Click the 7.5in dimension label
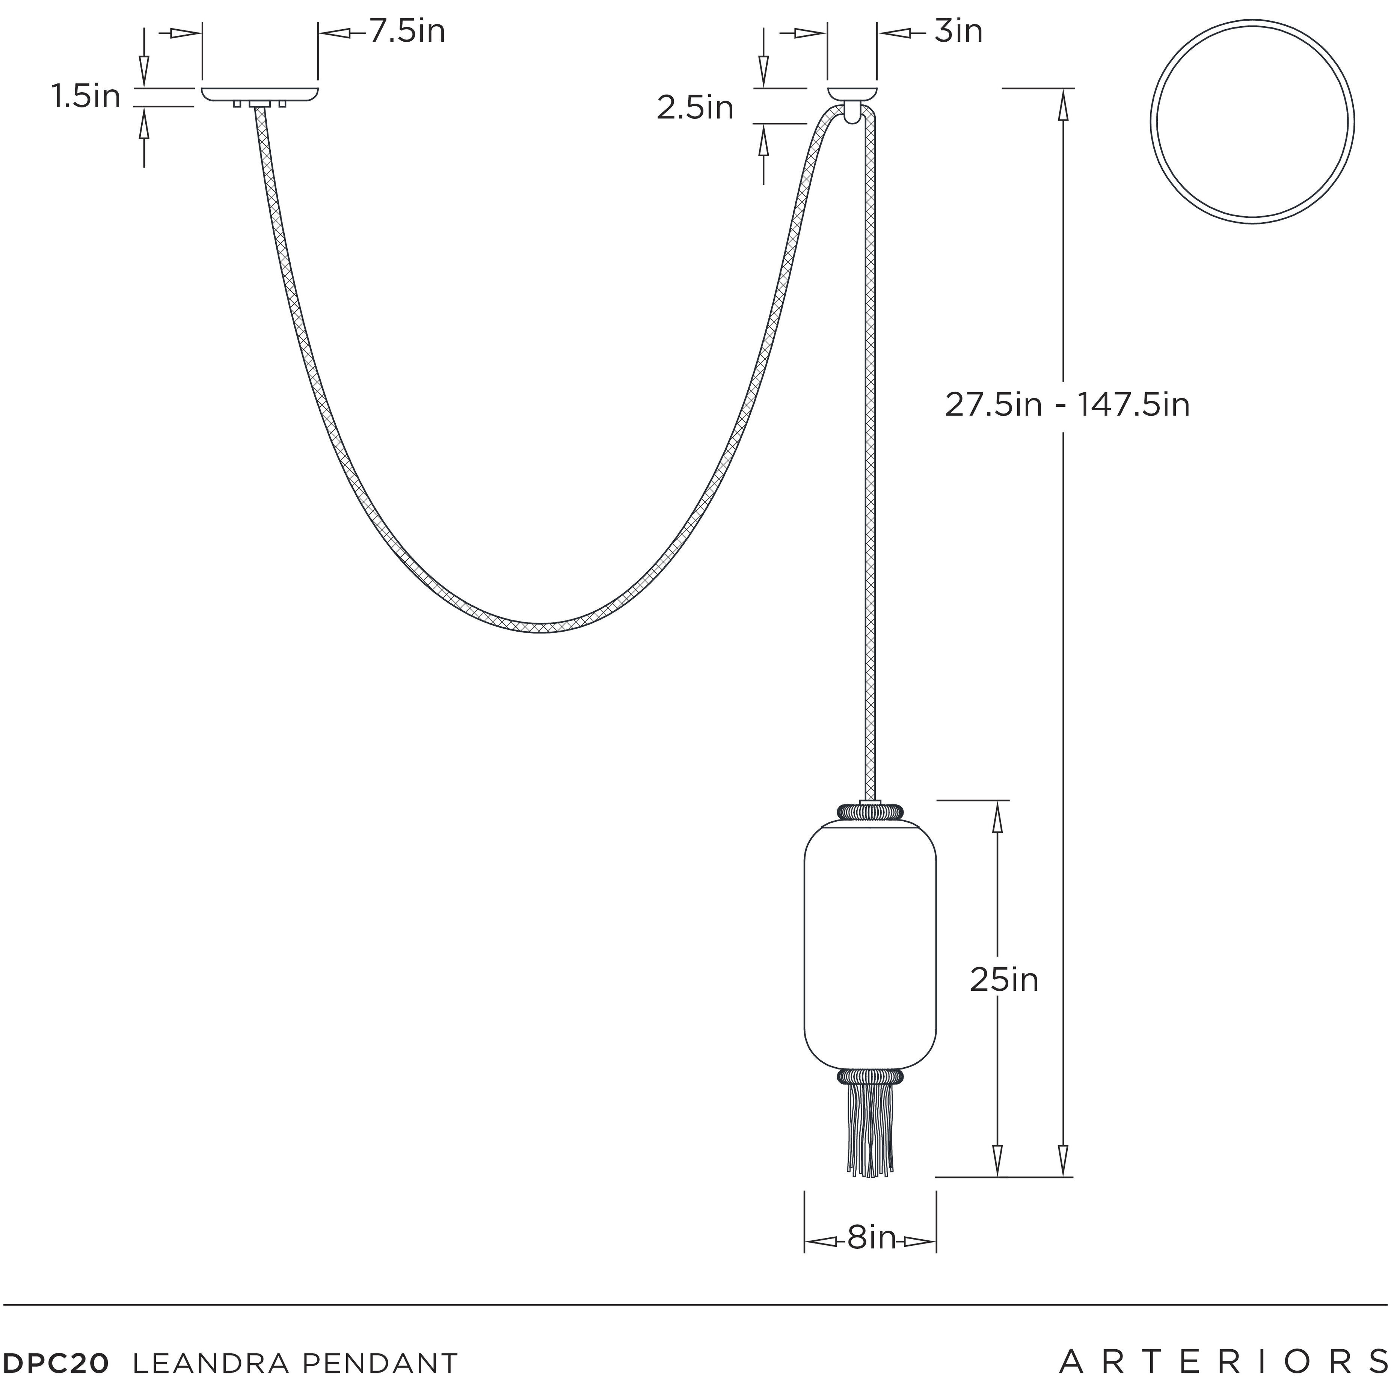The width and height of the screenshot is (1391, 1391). pyautogui.click(x=407, y=32)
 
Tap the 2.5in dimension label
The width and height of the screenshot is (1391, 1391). pyautogui.click(x=695, y=108)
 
